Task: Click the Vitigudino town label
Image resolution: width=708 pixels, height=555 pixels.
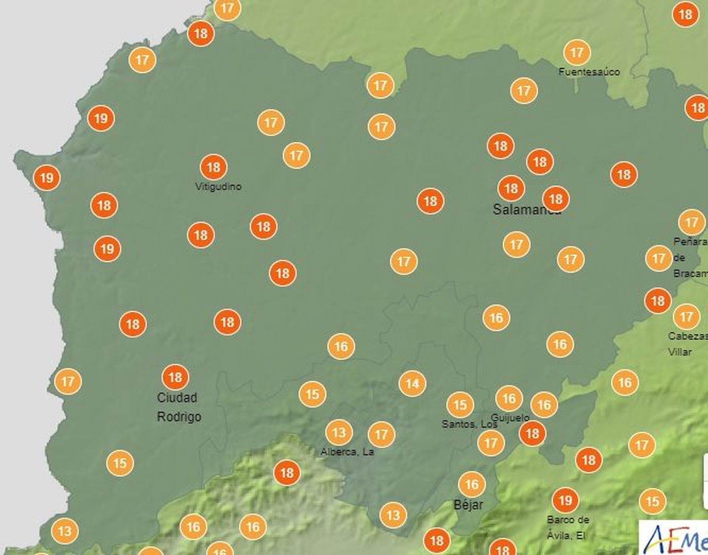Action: (218, 186)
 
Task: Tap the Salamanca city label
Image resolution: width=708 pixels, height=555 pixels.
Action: (527, 209)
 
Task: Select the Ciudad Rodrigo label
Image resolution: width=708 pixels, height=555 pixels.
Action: (179, 407)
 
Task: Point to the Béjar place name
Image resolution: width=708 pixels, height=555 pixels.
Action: (469, 505)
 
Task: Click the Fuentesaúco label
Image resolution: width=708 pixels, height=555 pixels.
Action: (589, 72)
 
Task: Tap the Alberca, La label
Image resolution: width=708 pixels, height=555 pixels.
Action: (347, 452)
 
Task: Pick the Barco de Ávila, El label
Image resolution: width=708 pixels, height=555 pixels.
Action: (568, 528)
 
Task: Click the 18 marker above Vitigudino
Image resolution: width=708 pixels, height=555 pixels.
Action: (213, 167)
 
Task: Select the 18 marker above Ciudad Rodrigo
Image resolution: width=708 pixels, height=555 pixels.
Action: (175, 377)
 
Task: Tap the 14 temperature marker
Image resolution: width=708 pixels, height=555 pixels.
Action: (412, 383)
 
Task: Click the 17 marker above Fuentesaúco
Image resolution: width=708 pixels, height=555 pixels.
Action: (577, 53)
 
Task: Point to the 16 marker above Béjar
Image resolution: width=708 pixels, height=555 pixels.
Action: (471, 485)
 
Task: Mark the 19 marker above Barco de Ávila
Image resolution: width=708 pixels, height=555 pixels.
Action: (565, 500)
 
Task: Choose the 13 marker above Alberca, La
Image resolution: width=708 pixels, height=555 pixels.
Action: (339, 432)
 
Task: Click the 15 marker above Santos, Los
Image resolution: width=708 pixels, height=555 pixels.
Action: (460, 405)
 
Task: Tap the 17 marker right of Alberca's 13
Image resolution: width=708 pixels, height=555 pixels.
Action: (381, 435)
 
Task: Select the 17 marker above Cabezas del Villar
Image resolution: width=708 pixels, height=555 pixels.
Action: (686, 316)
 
